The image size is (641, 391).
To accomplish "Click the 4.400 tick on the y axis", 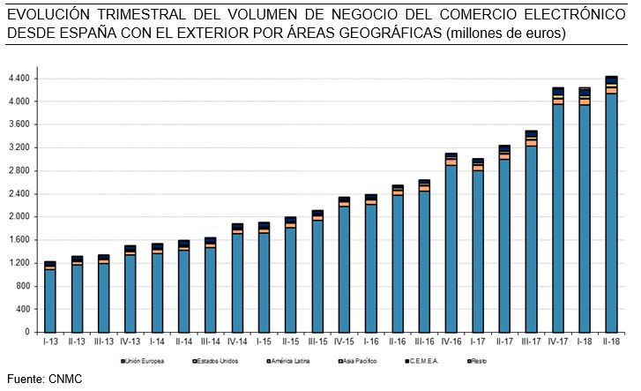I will coord(19,79).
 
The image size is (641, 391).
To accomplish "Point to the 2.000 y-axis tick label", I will coord(19,217).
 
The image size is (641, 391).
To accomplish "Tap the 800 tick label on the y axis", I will coord(23,286).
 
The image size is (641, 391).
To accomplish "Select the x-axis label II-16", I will coord(397,341).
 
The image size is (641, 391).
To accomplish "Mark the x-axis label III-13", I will coord(103,341).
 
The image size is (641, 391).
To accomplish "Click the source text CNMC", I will coord(67,380).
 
